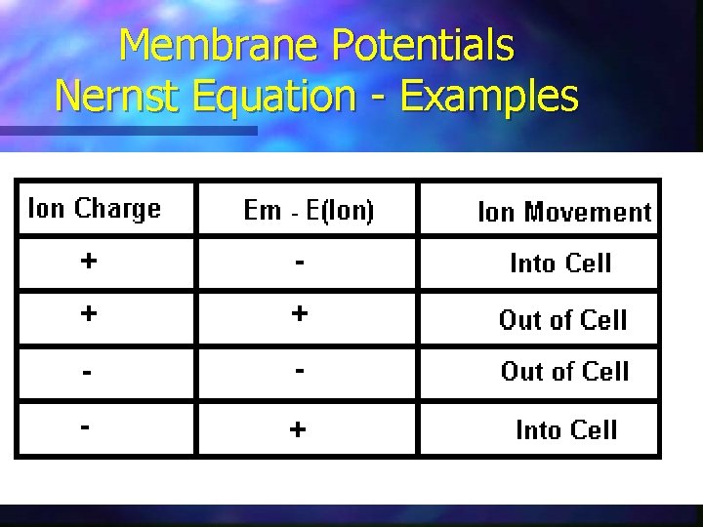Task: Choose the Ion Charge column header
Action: pyautogui.click(x=95, y=209)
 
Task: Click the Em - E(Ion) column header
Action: pyautogui.click(x=309, y=211)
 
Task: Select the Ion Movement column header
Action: pyautogui.click(x=563, y=212)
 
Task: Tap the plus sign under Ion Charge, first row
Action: pyautogui.click(x=89, y=262)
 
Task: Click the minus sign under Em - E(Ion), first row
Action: pyautogui.click(x=300, y=262)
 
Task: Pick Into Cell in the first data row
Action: pyautogui.click(x=560, y=263)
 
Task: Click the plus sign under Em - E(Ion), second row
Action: pyautogui.click(x=300, y=313)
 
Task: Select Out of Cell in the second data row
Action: pyautogui.click(x=562, y=320)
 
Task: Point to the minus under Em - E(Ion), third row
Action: pyautogui.click(x=300, y=371)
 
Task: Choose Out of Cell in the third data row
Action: pyautogui.click(x=564, y=372)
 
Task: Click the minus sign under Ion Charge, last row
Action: pyautogui.click(x=88, y=427)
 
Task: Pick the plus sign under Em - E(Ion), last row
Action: pyautogui.click(x=299, y=430)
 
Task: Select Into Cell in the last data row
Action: pyautogui.click(x=566, y=430)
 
